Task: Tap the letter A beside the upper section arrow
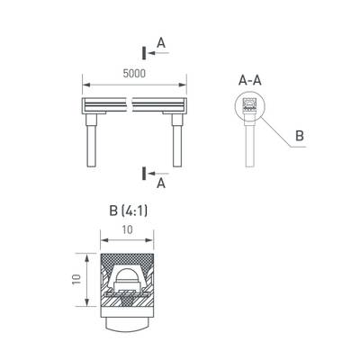(x=160, y=41)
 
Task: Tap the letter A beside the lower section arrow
(x=160, y=184)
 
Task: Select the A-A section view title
(x=250, y=80)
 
